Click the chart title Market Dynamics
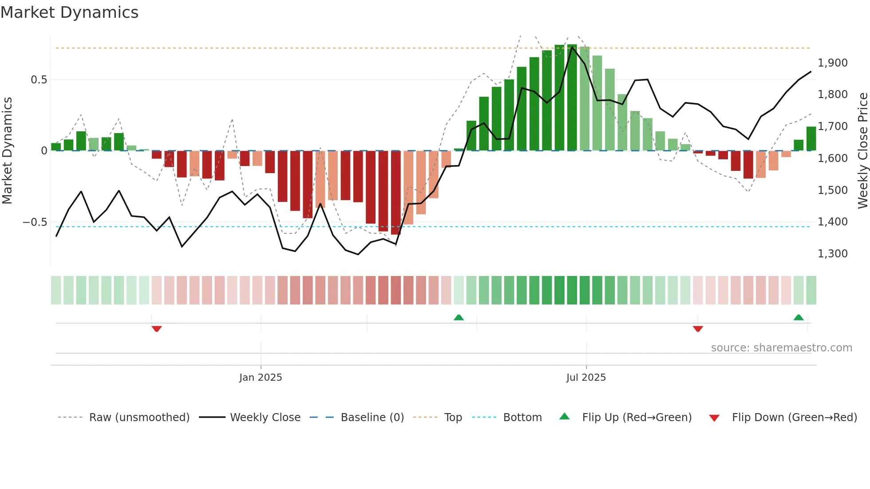(x=69, y=12)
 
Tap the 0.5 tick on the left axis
(x=39, y=80)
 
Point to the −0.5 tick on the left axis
(x=35, y=222)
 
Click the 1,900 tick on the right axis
(x=832, y=63)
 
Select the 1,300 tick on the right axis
(x=832, y=254)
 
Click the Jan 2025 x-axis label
(x=261, y=378)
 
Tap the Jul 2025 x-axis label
(x=586, y=378)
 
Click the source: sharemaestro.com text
(x=781, y=348)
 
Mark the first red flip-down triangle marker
(x=157, y=329)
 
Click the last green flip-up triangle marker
(x=799, y=317)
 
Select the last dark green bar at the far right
(x=811, y=139)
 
